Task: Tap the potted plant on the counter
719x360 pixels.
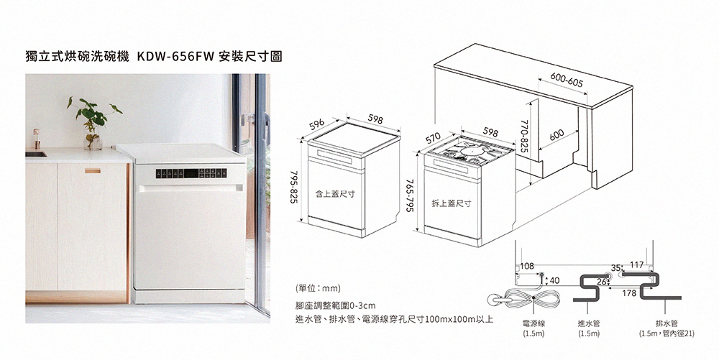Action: click(x=92, y=122)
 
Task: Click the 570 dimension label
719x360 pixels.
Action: click(x=433, y=137)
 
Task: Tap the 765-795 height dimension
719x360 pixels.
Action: click(x=409, y=195)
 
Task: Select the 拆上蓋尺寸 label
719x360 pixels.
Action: click(x=451, y=203)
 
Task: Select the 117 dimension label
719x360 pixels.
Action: click(x=636, y=266)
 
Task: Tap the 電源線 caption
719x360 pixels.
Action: click(x=533, y=323)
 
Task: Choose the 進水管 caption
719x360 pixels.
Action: click(x=589, y=323)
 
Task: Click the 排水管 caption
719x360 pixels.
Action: click(x=665, y=323)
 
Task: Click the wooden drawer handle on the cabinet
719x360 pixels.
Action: click(x=93, y=170)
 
